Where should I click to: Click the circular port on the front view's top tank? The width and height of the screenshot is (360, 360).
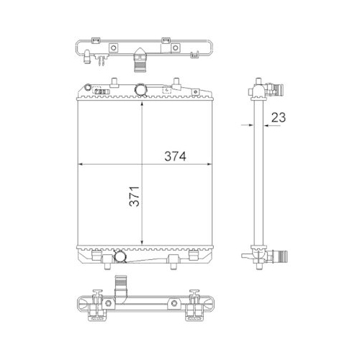point(142,89)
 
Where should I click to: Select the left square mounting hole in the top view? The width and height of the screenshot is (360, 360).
point(112,49)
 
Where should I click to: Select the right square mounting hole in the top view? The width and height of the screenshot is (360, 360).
point(175,49)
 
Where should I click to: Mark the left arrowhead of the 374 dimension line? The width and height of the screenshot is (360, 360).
point(78,165)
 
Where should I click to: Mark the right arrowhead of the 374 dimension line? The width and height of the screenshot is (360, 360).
point(212,165)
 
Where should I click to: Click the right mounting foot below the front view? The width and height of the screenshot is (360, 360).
point(174,258)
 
